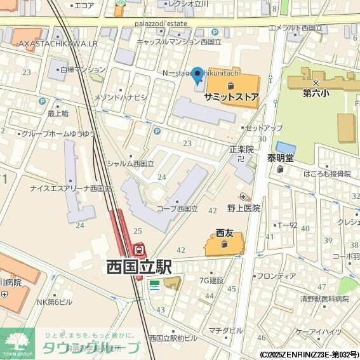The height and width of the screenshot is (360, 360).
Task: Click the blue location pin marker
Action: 197,76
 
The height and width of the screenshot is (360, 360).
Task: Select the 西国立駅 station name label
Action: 138,267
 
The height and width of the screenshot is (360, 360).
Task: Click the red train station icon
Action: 140,250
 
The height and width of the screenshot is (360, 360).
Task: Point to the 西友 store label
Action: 225,232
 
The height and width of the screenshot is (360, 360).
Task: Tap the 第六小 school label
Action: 316,93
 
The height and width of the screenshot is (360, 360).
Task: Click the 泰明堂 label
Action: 279,157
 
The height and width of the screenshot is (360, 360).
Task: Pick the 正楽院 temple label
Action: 241,150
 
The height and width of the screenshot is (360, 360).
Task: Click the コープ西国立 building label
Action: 178,208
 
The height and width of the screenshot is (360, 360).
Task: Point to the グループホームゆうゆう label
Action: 58,134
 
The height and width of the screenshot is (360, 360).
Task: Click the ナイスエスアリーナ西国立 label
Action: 65,189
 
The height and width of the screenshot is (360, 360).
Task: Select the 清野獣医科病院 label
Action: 325,298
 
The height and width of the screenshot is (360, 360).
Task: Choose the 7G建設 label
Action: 211,280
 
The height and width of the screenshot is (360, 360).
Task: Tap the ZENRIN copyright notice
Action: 309,354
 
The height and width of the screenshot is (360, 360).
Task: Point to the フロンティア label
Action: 276,276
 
